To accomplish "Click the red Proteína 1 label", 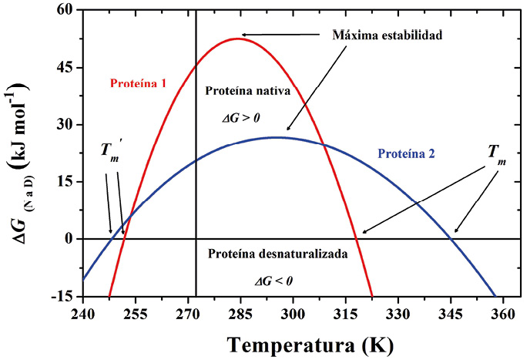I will click(138, 81).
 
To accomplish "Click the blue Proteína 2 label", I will click(405, 153).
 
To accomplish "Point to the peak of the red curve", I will click(237, 38).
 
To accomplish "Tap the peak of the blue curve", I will click(275, 137).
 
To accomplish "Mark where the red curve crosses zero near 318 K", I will click(357, 239).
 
